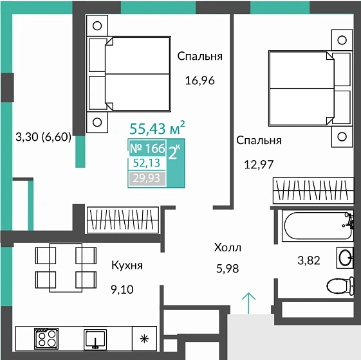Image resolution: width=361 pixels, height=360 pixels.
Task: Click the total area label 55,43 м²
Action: tap(157, 128)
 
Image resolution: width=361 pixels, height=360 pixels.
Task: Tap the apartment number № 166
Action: tap(147, 148)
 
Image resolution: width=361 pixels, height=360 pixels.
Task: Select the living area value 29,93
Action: tap(147, 178)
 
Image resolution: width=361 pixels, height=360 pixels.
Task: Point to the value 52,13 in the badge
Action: tap(147, 163)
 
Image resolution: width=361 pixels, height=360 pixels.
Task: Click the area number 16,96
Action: tap(200, 80)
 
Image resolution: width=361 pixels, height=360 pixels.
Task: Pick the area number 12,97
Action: tap(259, 165)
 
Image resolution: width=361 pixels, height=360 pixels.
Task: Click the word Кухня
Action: tap(127, 265)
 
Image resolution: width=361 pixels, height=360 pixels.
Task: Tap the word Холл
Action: tap(228, 248)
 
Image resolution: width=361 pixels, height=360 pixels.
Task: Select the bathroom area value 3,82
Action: tap(309, 260)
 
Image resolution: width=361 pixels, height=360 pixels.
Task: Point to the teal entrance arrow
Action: tap(248, 303)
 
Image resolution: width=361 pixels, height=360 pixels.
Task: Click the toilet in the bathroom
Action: tap(340, 286)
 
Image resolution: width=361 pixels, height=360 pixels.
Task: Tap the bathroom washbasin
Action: tap(345, 258)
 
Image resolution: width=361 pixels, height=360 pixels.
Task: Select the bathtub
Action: tap(318, 226)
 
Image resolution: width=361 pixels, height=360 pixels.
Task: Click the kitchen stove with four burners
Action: tap(46, 338)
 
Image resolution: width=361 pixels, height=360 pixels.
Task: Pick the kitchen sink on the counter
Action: tap(95, 339)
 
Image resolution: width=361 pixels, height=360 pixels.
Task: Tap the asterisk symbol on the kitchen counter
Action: tap(144, 339)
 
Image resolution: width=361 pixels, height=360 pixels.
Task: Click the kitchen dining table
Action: tap(66, 267)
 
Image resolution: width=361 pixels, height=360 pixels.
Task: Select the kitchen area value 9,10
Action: tap(122, 289)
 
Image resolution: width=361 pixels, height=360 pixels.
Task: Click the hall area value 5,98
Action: tap(227, 269)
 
